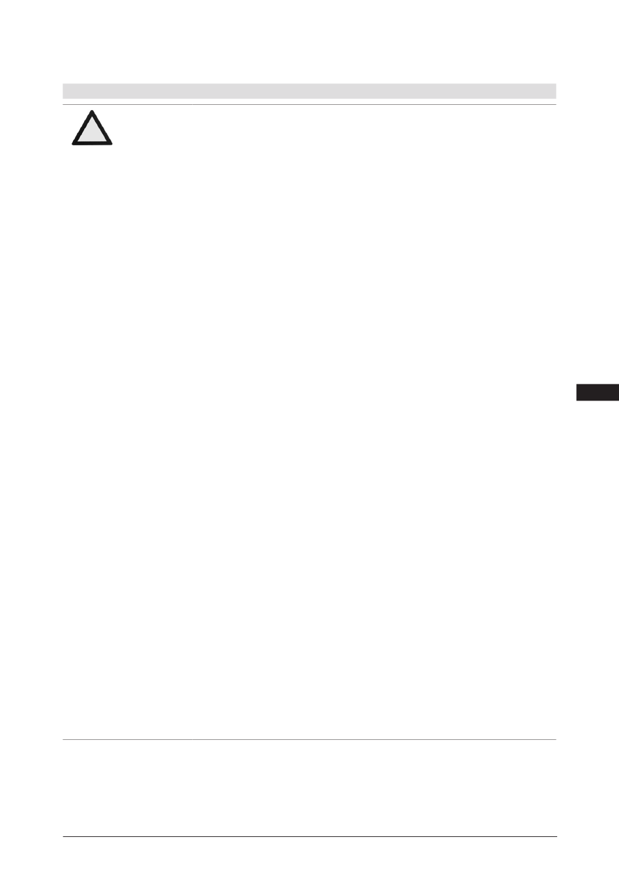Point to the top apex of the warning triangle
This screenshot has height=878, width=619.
(x=92, y=111)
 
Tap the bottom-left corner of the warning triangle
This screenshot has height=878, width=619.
(x=73, y=143)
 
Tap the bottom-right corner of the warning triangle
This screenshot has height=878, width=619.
(x=111, y=143)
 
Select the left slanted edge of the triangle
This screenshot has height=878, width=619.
(x=82, y=127)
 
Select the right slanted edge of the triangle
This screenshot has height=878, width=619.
(x=102, y=127)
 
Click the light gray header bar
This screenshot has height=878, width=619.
(x=309, y=91)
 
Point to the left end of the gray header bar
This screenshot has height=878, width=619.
(x=64, y=91)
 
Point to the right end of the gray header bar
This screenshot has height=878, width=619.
(x=555, y=91)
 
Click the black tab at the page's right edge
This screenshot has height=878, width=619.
(x=597, y=393)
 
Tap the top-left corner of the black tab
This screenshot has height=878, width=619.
(x=577, y=386)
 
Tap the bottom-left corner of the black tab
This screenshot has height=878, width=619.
(x=577, y=400)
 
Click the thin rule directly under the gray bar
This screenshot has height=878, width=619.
(x=309, y=104)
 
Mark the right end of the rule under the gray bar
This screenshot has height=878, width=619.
(x=556, y=104)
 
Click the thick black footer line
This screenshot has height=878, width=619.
(x=309, y=836)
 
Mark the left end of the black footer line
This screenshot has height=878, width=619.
(x=63, y=836)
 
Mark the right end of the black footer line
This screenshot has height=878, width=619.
(x=556, y=836)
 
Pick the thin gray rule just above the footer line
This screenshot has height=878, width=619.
(x=309, y=739)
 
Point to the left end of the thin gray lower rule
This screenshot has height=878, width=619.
(x=63, y=739)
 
